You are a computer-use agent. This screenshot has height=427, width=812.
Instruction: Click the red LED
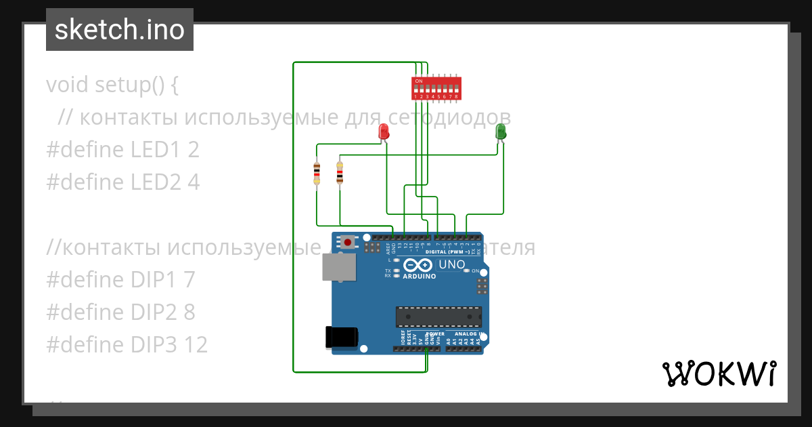tap(384, 131)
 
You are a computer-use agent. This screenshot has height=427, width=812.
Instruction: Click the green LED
tap(501, 131)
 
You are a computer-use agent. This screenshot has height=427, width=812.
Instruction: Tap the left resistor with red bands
tap(317, 174)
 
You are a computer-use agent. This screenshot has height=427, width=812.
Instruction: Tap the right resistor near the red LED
tap(339, 174)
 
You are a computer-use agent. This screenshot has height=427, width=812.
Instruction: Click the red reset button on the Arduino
tap(348, 241)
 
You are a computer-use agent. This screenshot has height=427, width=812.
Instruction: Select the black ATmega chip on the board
tap(438, 316)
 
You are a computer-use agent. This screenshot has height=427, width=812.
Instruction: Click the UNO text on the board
tap(452, 264)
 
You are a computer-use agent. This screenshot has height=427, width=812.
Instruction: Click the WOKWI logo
tap(719, 373)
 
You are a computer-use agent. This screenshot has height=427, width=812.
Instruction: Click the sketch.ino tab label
tap(120, 30)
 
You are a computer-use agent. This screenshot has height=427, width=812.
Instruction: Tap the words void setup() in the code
tap(112, 85)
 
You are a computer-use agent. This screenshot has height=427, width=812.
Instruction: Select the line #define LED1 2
tap(122, 150)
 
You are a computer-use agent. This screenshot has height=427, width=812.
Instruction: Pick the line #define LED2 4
tap(122, 182)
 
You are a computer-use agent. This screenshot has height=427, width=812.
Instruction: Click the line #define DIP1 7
tap(120, 280)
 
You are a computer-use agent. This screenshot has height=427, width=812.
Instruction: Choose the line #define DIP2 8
tap(120, 312)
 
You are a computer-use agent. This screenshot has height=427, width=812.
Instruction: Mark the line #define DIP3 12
tap(127, 345)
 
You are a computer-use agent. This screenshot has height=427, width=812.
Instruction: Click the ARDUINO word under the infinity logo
tap(420, 277)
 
